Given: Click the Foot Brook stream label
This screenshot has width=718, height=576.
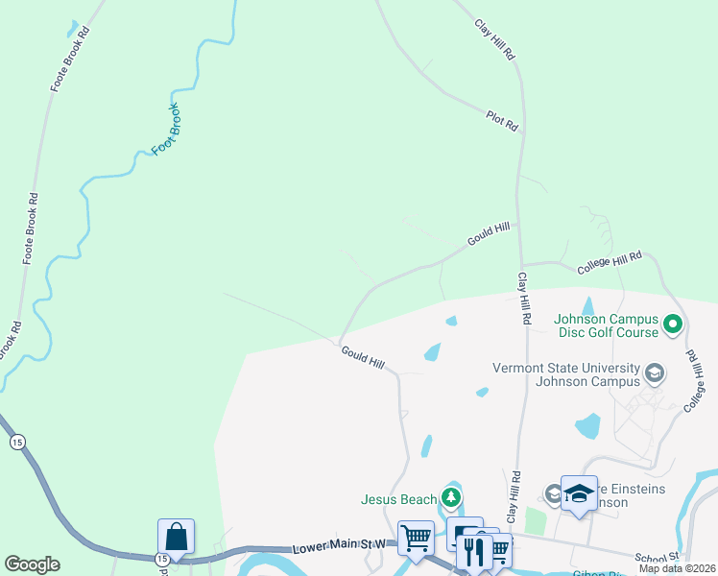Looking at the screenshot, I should tap(166, 129).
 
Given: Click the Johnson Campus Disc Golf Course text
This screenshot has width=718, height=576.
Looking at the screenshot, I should tap(606, 325).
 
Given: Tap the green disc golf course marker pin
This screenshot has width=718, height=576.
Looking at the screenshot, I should tap(673, 324).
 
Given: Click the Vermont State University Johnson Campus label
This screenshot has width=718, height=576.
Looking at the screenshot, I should tap(565, 373).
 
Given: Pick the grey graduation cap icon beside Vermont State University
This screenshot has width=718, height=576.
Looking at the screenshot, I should tap(655, 372).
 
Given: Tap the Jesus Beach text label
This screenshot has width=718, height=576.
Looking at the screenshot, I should tap(398, 498).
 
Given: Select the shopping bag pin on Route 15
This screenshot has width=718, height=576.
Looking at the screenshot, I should tap(177, 537).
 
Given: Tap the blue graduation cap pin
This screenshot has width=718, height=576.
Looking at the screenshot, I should tap(579, 493).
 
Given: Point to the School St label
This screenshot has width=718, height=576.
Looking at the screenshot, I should tap(657, 557).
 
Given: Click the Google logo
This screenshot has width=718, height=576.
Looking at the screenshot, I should tap(32, 564).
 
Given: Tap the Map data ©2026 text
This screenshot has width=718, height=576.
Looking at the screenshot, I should tap(677, 568).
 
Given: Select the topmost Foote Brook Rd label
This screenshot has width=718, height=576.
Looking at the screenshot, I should tap(70, 60).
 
